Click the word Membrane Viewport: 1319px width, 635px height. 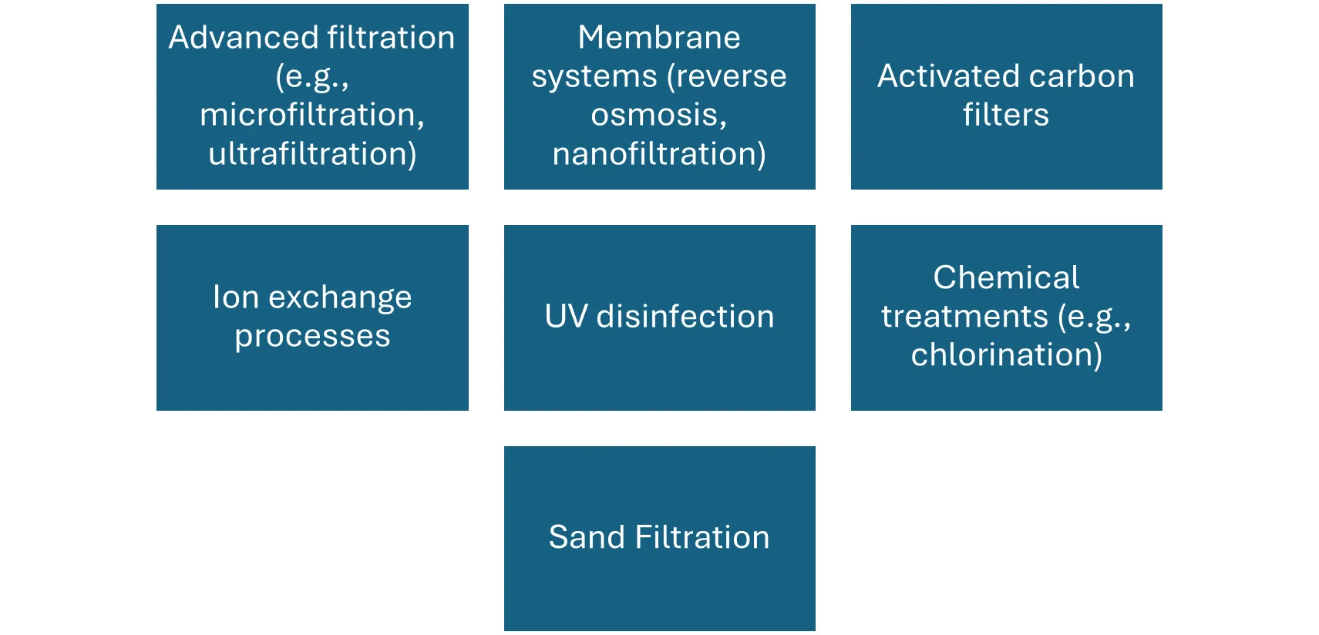[x=659, y=38]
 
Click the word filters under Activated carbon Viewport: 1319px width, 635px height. [x=1005, y=115]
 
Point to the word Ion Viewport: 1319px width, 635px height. [x=235, y=297]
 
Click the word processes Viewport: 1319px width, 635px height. [x=312, y=337]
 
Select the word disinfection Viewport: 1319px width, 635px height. [x=685, y=317]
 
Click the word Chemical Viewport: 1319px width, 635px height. [x=1006, y=277]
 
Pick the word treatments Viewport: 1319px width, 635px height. [x=964, y=317]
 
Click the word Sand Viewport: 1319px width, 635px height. [x=586, y=537]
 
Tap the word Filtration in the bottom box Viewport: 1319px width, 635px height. [x=702, y=537]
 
